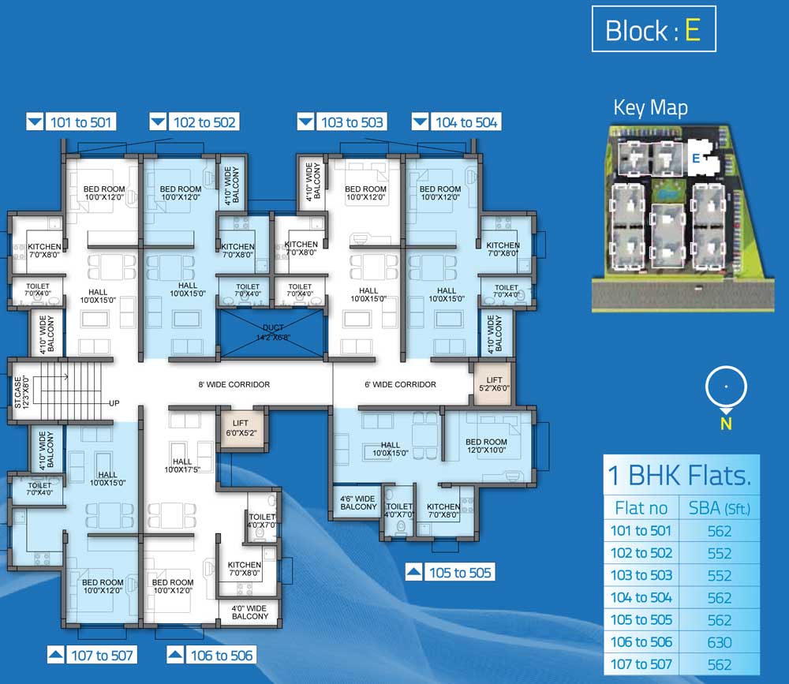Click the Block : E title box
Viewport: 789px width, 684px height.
point(653,28)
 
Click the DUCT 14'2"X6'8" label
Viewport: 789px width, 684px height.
point(273,332)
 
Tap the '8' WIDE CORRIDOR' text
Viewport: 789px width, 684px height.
point(234,384)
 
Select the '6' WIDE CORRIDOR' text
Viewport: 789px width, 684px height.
point(401,384)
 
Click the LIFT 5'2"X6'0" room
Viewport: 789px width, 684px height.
point(494,384)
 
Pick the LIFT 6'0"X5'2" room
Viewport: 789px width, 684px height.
point(241,428)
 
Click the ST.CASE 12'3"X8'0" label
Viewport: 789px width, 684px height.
point(21,391)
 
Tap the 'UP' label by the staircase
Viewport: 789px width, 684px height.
point(114,403)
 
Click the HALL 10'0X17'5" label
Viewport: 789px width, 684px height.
point(182,465)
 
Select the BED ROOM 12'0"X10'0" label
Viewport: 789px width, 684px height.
point(486,446)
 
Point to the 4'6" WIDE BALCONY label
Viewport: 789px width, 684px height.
point(358,503)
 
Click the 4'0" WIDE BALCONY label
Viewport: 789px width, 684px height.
point(250,612)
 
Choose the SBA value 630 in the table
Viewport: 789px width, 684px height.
point(719,642)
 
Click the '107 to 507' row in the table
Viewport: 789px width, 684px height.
point(682,664)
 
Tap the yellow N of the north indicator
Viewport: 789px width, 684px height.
point(726,424)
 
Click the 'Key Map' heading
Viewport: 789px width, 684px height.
point(650,108)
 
